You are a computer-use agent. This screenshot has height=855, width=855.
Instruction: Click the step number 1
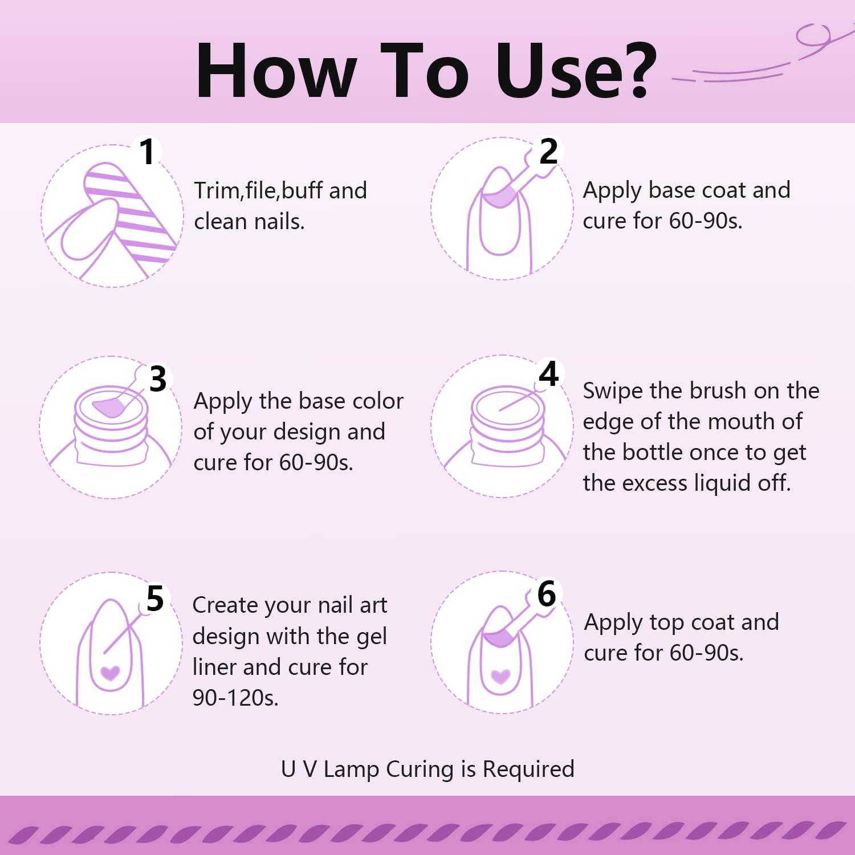tap(148, 152)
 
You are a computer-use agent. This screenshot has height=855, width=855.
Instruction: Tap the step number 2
tap(548, 151)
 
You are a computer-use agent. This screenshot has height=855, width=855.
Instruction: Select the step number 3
tap(158, 379)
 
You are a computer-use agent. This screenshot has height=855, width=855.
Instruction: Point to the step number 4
tap(548, 374)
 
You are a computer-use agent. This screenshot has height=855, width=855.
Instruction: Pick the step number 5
tap(155, 599)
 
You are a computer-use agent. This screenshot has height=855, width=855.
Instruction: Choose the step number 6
tap(547, 594)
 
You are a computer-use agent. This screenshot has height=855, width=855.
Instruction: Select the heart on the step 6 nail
tap(500, 676)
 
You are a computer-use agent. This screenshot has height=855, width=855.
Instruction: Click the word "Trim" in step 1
tap(218, 191)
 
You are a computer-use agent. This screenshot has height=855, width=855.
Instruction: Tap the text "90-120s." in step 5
tap(235, 698)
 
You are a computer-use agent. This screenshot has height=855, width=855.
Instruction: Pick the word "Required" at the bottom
tap(528, 769)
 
